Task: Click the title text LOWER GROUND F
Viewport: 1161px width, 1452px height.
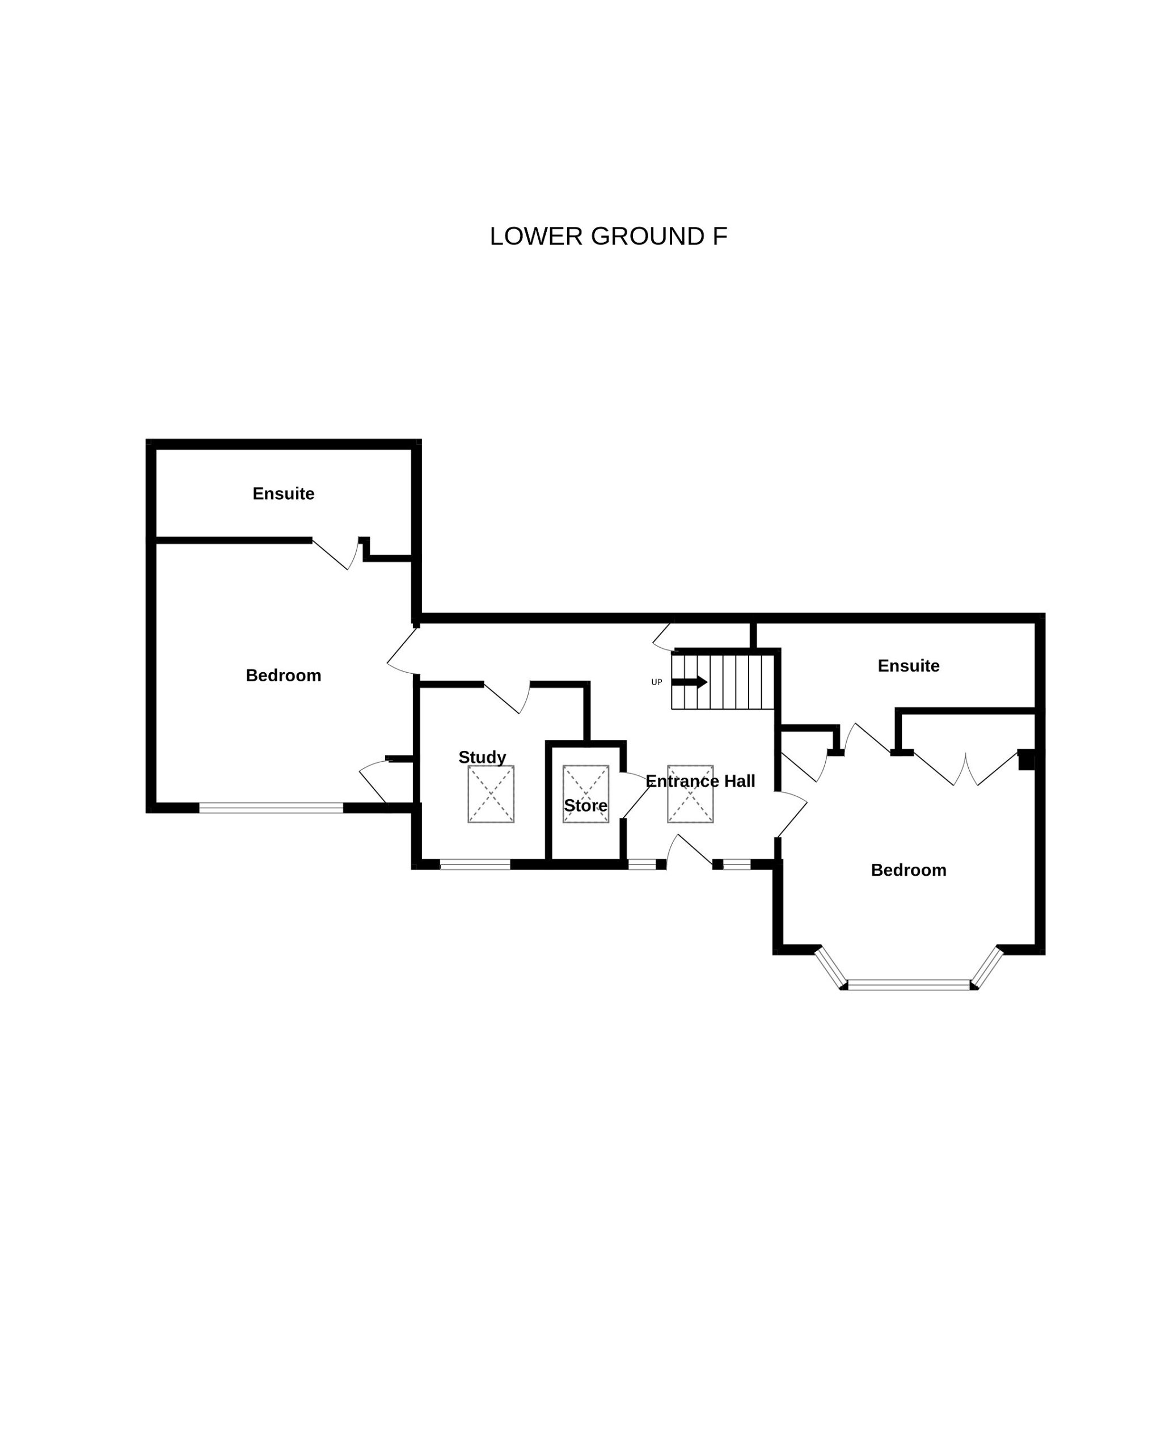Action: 608,237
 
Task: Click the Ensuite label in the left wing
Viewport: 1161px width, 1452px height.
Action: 284,493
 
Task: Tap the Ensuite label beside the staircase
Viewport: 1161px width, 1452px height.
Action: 909,666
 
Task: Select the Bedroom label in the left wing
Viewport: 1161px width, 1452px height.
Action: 284,676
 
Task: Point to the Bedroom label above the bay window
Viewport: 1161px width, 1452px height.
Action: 909,870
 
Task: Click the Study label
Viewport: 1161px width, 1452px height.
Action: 482,758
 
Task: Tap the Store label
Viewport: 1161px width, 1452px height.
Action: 585,805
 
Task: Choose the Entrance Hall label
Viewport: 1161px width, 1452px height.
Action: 700,781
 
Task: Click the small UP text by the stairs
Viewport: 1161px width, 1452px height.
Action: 657,682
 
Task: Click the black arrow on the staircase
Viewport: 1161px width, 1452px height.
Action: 689,682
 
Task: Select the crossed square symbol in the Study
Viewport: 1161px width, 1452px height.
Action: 491,794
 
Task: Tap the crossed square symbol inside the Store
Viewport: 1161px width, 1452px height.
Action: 586,794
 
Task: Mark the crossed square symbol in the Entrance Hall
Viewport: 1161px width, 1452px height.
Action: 690,794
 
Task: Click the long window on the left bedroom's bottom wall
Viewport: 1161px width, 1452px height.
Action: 272,808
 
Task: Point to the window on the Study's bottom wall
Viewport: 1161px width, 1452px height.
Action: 475,865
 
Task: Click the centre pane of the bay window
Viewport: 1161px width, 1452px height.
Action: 909,985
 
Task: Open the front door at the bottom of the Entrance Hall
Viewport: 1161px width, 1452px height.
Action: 689,850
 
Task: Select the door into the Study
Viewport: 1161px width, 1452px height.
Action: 507,698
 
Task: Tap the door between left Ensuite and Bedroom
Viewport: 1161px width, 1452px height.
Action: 335,554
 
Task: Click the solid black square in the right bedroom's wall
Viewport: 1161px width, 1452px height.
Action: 1027,759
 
